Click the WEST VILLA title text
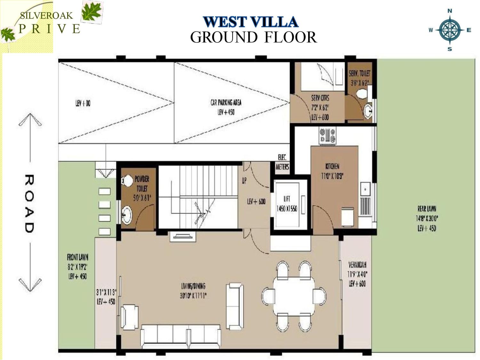[251, 22]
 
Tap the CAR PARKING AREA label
[226, 103]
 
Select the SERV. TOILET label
[359, 73]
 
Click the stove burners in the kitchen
[327, 135]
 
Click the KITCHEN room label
[332, 166]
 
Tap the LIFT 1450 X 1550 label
[287, 204]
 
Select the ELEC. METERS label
[282, 162]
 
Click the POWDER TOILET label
[142, 184]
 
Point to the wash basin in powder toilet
[127, 214]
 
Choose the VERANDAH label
[357, 265]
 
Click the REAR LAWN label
[427, 209]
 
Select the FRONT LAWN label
[77, 257]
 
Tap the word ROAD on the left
[29, 204]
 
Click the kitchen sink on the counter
[365, 189]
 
